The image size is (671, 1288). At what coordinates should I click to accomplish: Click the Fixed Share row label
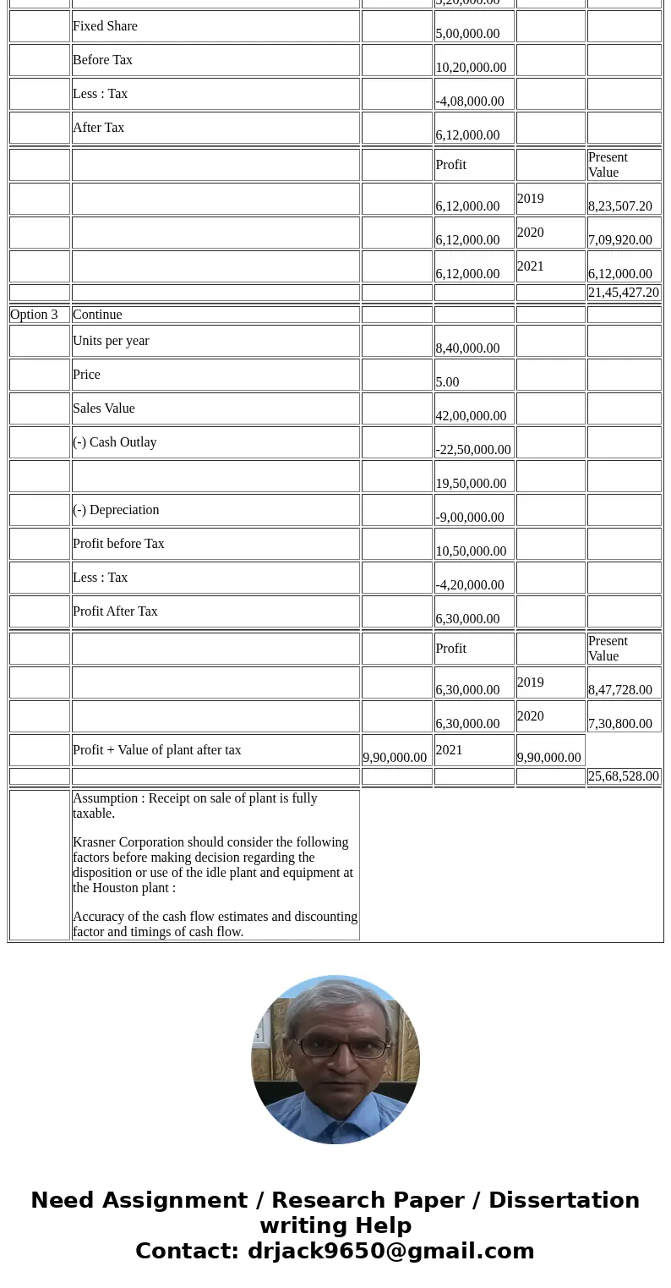tap(105, 26)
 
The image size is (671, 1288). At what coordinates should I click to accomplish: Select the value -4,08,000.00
tap(470, 101)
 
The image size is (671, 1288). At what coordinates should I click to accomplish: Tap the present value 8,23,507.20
tap(620, 206)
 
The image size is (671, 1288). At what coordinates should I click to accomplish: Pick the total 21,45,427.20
tap(624, 293)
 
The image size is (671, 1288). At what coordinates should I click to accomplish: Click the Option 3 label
tap(34, 315)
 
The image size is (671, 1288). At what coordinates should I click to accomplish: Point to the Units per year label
tap(111, 341)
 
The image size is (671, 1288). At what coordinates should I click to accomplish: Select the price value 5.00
tap(448, 382)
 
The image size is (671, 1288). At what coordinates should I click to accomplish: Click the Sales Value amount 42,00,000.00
tap(471, 416)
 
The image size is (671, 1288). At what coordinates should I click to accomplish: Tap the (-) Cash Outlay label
tap(114, 442)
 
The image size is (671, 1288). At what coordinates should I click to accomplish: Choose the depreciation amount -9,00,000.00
tap(470, 518)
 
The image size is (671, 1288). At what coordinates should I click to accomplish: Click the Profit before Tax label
tap(118, 544)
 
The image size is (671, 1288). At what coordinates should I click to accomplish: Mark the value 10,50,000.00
tap(471, 551)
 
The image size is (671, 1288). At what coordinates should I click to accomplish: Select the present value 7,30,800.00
tap(620, 724)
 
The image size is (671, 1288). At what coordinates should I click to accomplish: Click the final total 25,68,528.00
tap(624, 776)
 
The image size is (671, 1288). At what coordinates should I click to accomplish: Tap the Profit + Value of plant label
tap(157, 750)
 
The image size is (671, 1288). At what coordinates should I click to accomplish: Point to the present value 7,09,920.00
tap(620, 240)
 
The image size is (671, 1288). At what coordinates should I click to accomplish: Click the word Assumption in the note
tap(106, 798)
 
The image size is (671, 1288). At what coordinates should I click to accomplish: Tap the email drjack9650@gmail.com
tap(390, 1251)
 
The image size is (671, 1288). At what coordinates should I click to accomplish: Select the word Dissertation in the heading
tap(564, 1200)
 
